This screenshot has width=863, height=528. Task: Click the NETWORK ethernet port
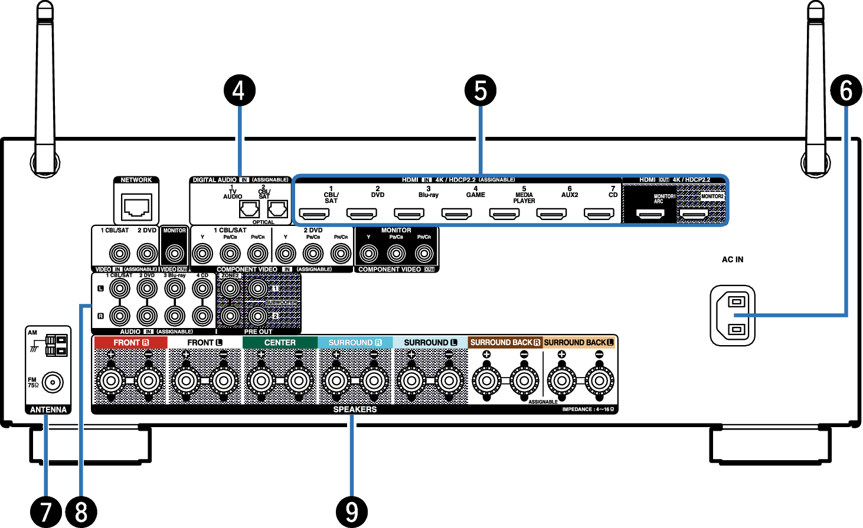click(x=136, y=207)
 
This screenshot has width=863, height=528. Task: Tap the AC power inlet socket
click(x=733, y=316)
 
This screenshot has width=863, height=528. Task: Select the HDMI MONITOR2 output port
click(x=694, y=214)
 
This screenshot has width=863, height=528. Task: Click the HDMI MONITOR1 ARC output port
click(x=650, y=214)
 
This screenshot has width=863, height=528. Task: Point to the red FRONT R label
click(x=130, y=343)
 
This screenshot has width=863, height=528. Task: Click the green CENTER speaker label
click(x=280, y=343)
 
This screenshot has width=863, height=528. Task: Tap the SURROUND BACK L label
click(x=578, y=343)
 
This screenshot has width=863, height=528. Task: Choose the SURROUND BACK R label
click(x=505, y=343)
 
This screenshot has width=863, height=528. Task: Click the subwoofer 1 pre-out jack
click(x=257, y=288)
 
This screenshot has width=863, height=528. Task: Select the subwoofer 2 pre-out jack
click(x=257, y=316)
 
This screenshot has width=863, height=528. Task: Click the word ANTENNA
click(x=48, y=410)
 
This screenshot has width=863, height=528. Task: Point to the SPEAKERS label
click(x=355, y=409)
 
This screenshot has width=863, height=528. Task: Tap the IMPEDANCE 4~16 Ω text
click(x=588, y=409)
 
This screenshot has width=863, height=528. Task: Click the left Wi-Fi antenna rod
click(x=45, y=88)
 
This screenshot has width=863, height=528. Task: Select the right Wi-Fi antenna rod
click(x=816, y=88)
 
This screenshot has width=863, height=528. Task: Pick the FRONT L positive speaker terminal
click(x=186, y=381)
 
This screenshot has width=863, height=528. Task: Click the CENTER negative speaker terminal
click(x=299, y=381)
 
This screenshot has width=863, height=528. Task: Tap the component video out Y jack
click(x=368, y=254)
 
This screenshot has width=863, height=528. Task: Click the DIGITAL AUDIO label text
click(x=214, y=180)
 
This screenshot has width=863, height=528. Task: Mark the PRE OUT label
click(x=258, y=332)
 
